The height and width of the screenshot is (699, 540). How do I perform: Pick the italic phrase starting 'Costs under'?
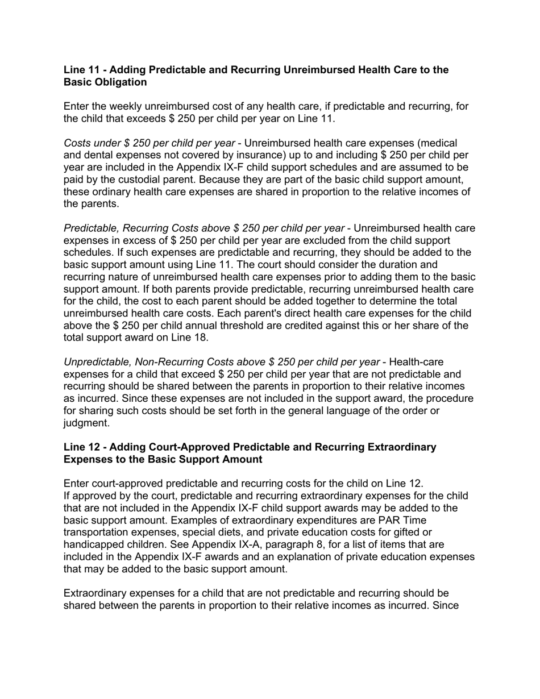tap(149, 143)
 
